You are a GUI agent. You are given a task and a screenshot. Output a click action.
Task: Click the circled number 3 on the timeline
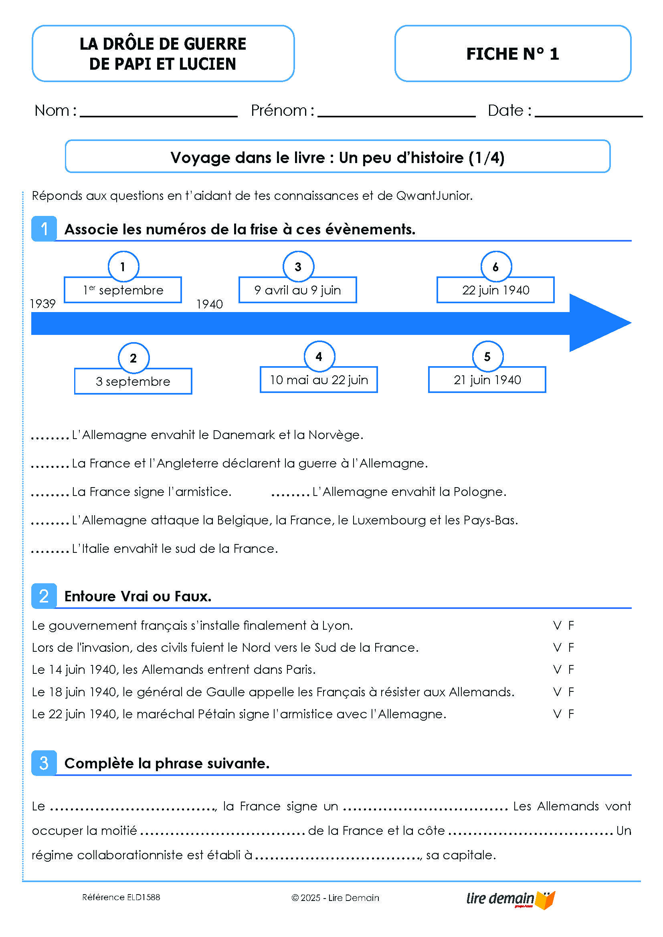click(x=298, y=266)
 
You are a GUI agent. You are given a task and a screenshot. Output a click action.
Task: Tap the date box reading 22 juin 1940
click(x=495, y=290)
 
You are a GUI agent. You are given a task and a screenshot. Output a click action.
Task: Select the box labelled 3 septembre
click(x=133, y=381)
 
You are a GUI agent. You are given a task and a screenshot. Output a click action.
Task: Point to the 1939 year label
click(x=43, y=304)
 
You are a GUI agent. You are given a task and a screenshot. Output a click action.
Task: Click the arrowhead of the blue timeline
click(x=598, y=323)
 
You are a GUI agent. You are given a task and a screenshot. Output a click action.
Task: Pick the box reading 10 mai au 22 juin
click(x=318, y=379)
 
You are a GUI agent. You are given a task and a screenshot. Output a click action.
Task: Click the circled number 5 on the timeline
click(x=487, y=357)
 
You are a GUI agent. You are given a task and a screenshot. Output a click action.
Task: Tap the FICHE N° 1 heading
click(x=512, y=54)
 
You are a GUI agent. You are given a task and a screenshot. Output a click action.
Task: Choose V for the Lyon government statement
click(x=557, y=625)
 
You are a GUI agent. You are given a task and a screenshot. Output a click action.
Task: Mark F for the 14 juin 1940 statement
click(x=571, y=669)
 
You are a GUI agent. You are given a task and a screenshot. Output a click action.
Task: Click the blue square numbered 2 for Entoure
click(x=44, y=596)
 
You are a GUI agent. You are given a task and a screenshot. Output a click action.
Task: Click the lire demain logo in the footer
click(x=510, y=899)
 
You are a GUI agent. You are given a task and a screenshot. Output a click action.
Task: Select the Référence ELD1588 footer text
click(x=121, y=897)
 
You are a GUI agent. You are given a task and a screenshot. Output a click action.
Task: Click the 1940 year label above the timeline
click(x=209, y=304)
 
